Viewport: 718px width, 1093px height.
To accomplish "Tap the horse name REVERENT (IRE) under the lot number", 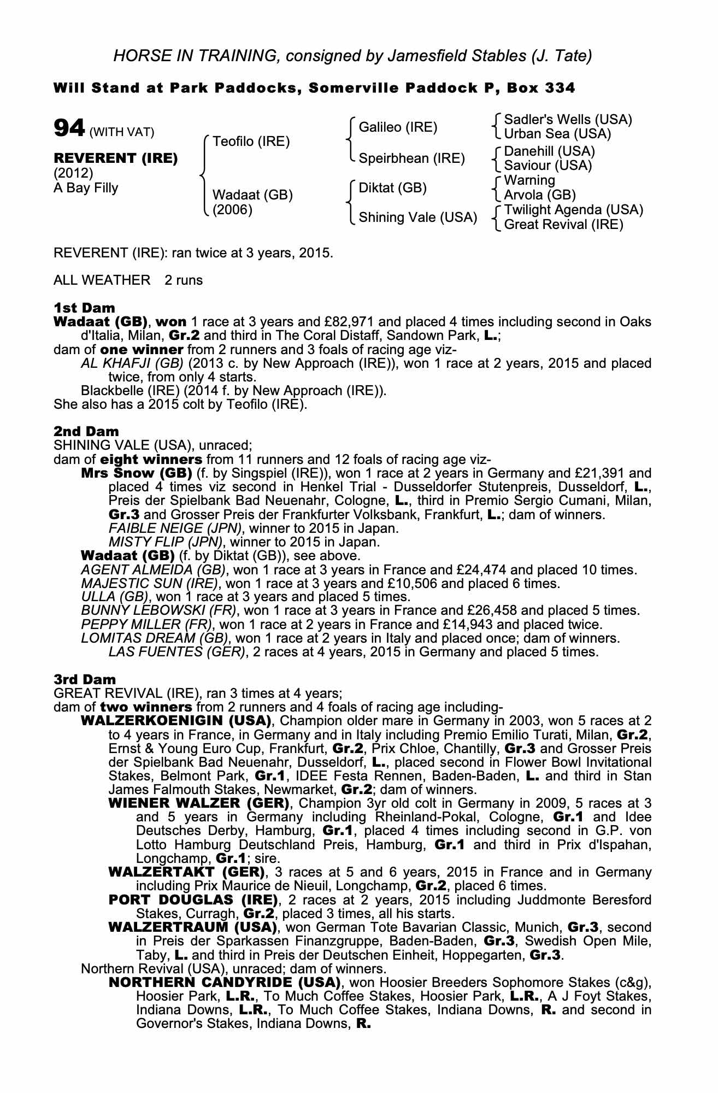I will click(x=115, y=158).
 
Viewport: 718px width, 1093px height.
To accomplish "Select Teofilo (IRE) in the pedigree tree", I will click(x=251, y=142).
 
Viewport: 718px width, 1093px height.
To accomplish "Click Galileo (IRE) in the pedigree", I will click(x=398, y=127).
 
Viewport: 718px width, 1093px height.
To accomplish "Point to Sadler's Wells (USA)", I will click(x=568, y=120).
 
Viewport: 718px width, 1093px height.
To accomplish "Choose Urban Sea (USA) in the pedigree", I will click(x=557, y=134).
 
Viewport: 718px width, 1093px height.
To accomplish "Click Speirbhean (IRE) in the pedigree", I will click(x=411, y=158).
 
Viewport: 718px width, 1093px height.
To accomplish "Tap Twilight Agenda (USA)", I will click(x=573, y=210).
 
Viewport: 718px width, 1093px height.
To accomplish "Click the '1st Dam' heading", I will click(x=84, y=308).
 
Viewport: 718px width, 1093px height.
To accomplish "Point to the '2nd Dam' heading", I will click(x=86, y=432).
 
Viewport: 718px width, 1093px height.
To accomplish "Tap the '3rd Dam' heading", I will click(x=85, y=680).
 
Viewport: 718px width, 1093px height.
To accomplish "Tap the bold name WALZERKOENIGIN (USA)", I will click(x=176, y=721).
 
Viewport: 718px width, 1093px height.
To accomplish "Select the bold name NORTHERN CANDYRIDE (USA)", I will click(x=225, y=983).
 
